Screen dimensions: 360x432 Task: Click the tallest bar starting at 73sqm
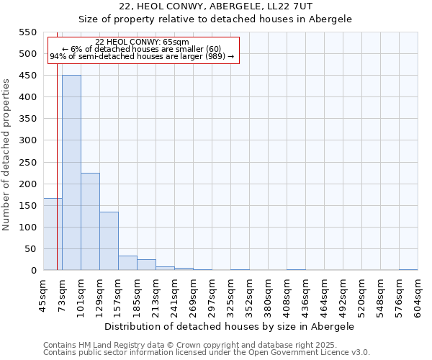(x=71, y=173)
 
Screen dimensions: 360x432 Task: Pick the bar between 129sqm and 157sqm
(x=109, y=241)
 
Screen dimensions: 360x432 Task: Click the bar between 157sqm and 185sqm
(x=127, y=263)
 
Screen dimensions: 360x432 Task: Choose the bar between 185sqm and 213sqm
(x=146, y=265)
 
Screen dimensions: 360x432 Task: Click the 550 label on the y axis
(x=27, y=32)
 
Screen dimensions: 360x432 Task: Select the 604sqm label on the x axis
(x=418, y=296)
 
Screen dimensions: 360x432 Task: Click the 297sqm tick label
(x=212, y=296)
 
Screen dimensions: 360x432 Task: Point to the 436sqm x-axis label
(x=306, y=296)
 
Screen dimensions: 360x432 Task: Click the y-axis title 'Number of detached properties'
(x=7, y=155)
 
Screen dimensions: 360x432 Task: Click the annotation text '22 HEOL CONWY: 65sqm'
(x=142, y=42)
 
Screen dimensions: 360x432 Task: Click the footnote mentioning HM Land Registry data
(x=190, y=346)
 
